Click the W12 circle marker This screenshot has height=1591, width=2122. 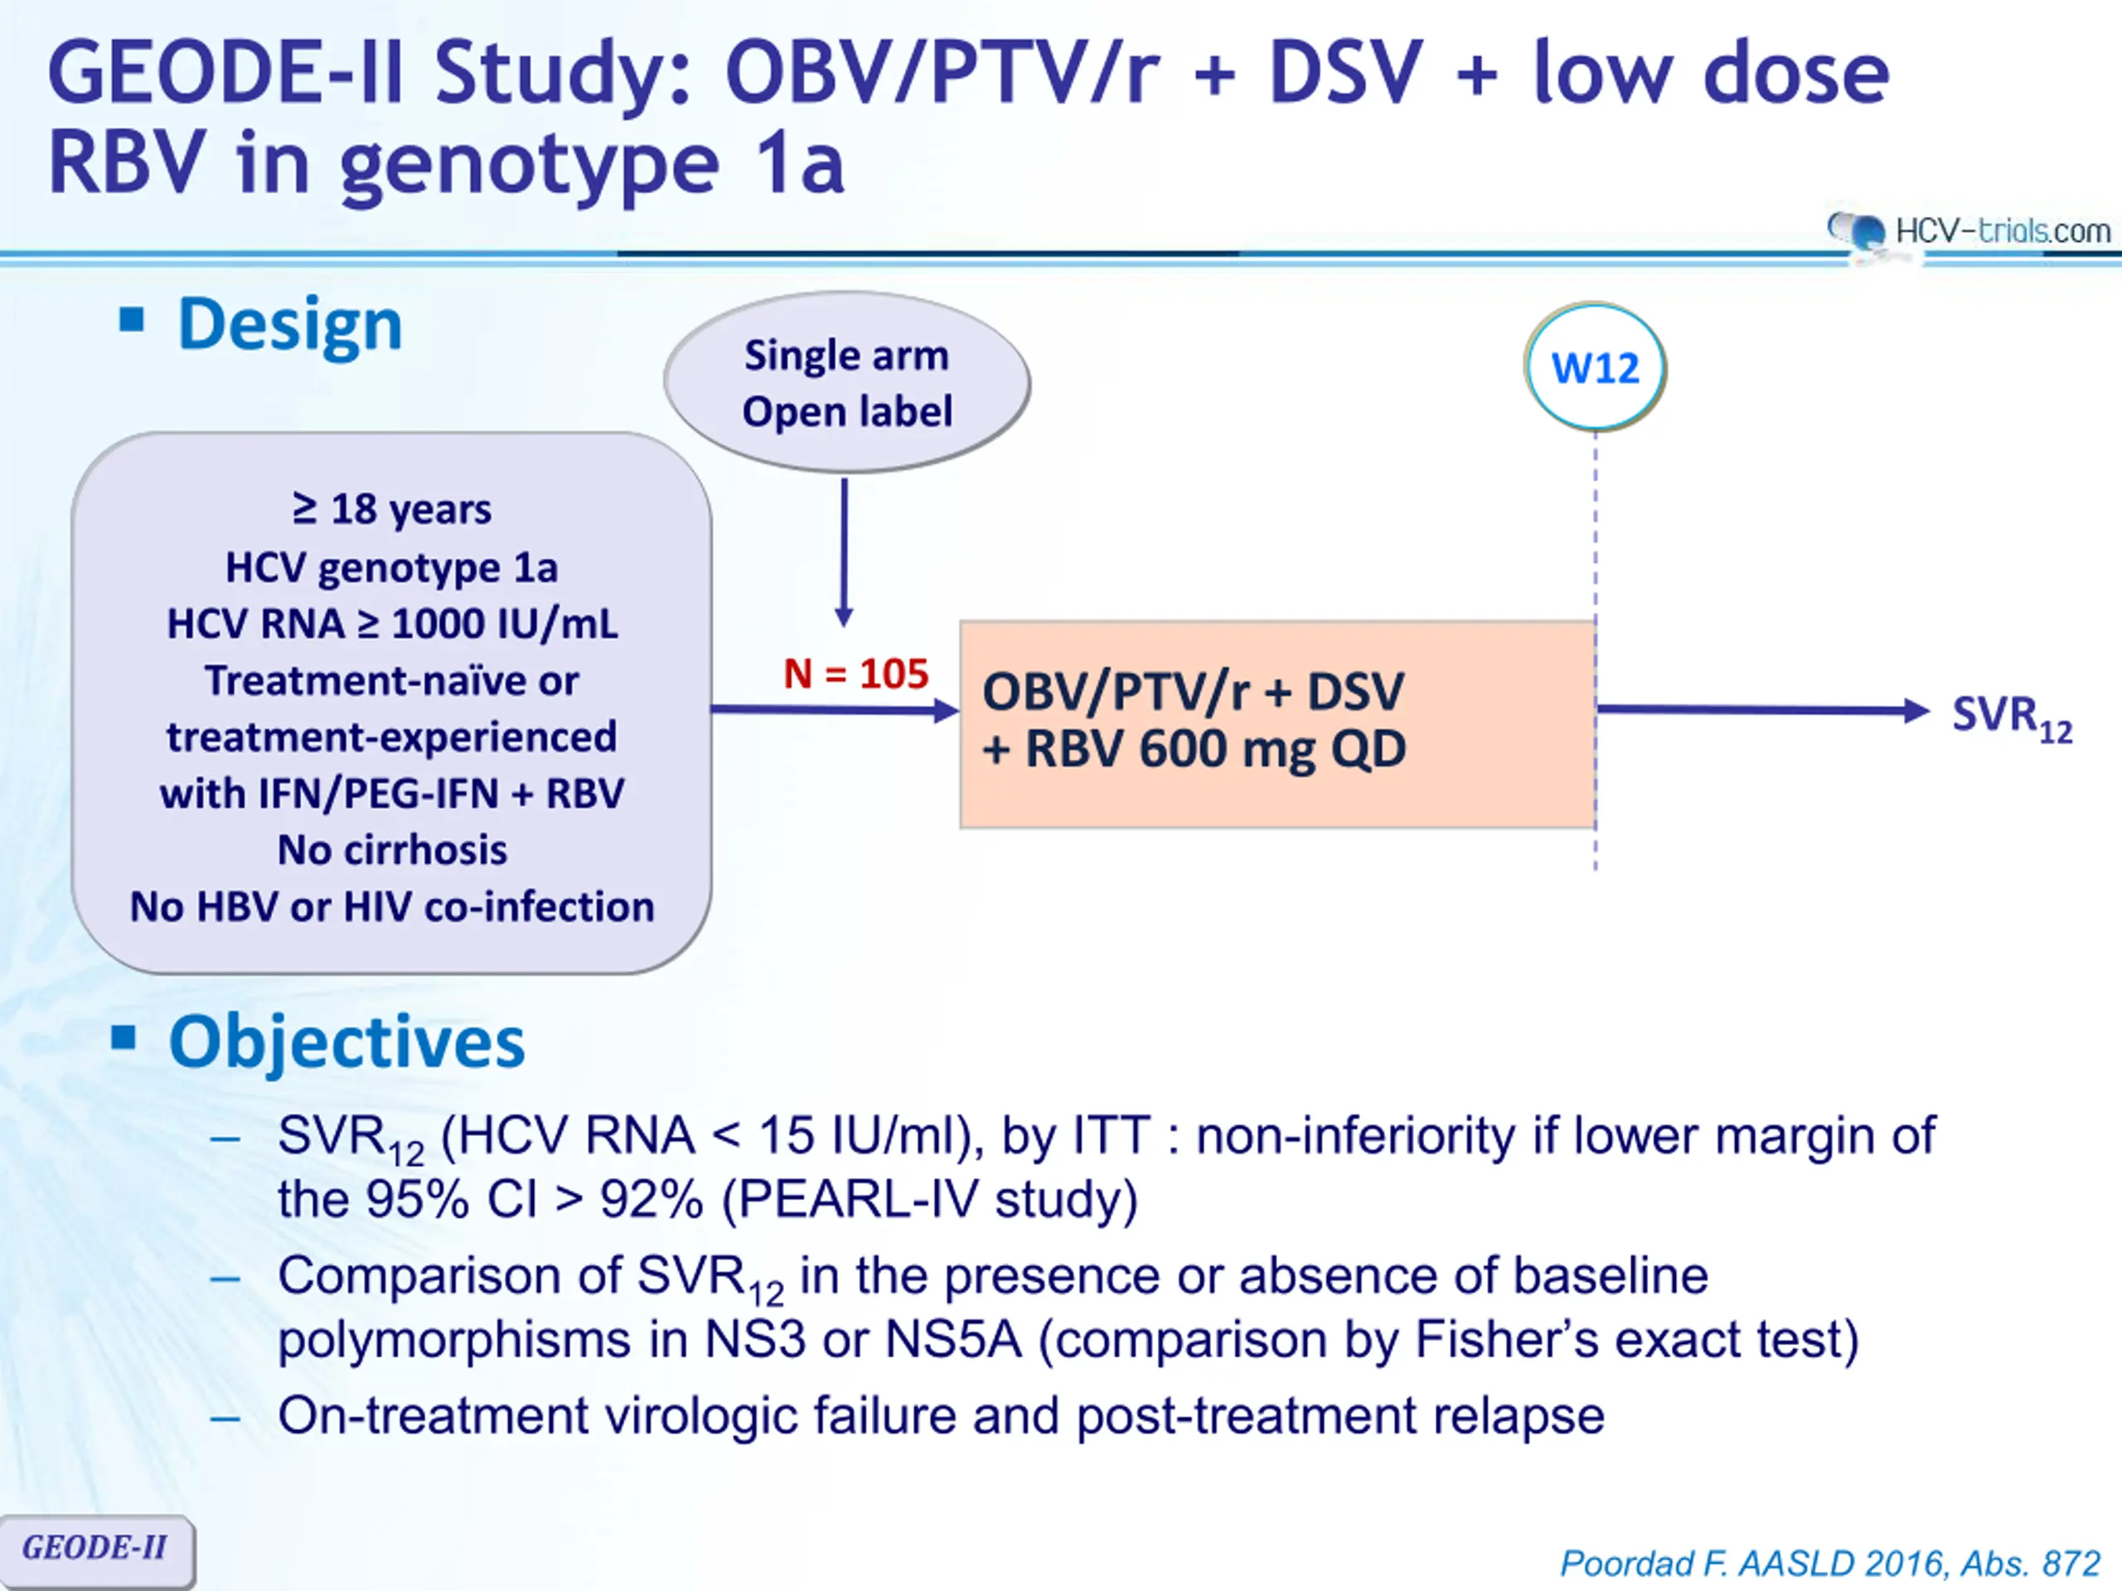tap(1596, 367)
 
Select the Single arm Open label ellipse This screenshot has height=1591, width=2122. tap(847, 383)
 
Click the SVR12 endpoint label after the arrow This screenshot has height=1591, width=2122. tap(2012, 718)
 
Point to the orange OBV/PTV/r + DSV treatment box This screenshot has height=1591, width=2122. tap(1278, 724)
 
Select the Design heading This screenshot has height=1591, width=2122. tap(290, 324)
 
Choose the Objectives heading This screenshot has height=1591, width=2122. tap(346, 1042)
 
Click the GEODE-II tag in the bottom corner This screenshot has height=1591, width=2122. tap(96, 1548)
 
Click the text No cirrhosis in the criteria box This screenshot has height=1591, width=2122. tap(392, 849)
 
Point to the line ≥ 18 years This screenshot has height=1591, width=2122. tap(392, 510)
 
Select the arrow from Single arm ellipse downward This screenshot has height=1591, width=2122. tap(844, 553)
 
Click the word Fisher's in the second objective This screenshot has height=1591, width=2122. tap(1506, 1339)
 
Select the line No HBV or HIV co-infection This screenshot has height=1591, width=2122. tap(392, 907)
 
